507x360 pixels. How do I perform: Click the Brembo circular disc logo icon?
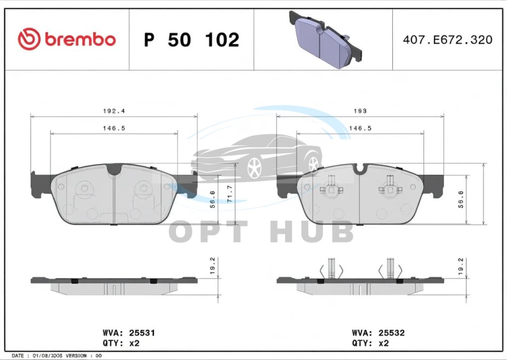[x=29, y=39]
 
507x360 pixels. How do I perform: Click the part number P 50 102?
[x=192, y=40]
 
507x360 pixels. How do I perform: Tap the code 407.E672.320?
[x=448, y=39]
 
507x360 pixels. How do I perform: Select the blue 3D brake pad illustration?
[x=326, y=40]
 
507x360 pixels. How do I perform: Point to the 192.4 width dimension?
[x=114, y=111]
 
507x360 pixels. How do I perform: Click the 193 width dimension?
[x=360, y=111]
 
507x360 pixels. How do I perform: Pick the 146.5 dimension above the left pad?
[x=114, y=128]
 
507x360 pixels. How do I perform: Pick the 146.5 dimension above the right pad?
[x=360, y=128]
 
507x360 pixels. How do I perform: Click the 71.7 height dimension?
[x=230, y=194]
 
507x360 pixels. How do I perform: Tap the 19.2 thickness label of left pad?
[x=212, y=266]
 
